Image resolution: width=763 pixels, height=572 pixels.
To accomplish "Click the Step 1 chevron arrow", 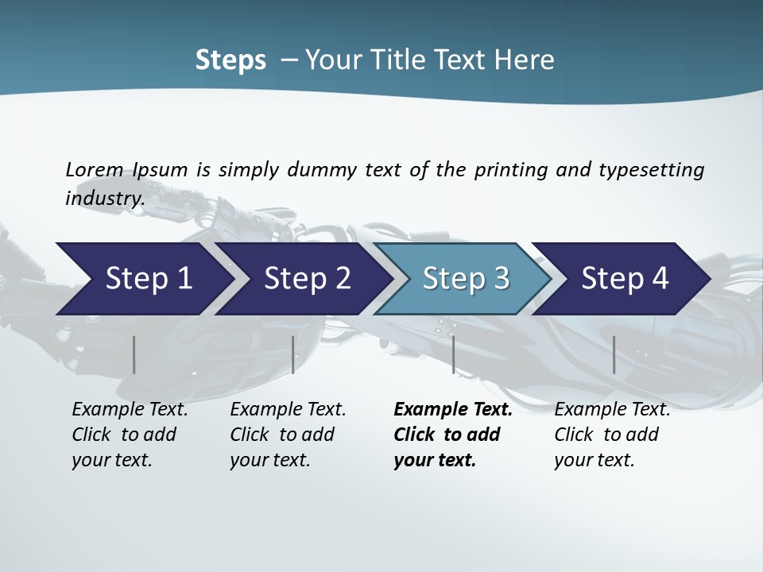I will [148, 279].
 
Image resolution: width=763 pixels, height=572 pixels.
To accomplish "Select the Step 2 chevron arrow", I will [307, 279].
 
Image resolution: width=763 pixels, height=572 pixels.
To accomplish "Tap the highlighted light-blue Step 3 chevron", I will [466, 279].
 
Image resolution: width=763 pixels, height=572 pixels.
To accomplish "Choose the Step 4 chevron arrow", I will [625, 279].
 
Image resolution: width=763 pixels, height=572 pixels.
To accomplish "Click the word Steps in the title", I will [230, 60].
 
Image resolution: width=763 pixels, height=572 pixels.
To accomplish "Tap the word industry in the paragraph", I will [103, 198].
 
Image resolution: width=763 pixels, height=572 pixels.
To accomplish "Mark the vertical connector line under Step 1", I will [134, 354].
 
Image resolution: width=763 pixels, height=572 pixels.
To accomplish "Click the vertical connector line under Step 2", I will [293, 354].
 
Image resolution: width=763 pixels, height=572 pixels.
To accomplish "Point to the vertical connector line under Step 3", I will [453, 354].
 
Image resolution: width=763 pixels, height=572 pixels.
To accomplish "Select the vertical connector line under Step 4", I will [614, 354].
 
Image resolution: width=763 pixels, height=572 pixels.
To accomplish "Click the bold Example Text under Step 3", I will [453, 410].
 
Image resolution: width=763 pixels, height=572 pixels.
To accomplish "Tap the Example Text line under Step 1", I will [130, 410].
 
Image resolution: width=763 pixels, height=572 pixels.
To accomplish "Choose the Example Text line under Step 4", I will [612, 410].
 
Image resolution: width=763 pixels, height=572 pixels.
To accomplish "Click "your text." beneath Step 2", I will [269, 460].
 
